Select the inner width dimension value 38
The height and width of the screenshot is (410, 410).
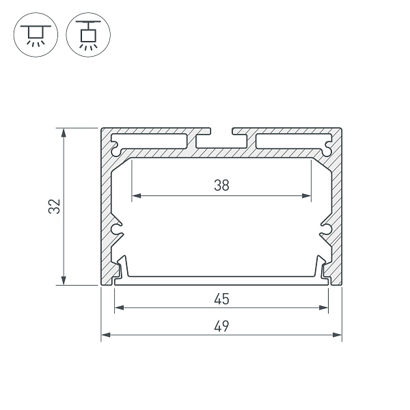coord(221,184)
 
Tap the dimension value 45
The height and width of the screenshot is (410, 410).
coord(221,299)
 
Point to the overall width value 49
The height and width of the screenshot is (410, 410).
coord(221,326)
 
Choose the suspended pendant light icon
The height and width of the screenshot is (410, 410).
coord(87,33)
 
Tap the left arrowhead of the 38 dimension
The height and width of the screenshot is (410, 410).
coord(135,196)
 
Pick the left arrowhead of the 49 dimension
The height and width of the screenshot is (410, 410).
coord(106,336)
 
